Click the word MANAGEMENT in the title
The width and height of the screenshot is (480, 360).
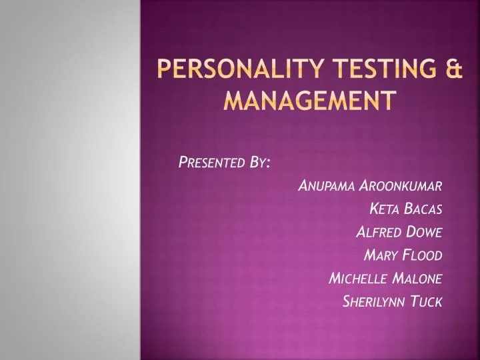coord(308,101)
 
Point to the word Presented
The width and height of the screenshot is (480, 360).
coord(209,163)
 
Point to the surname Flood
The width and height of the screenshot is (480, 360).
coord(423,255)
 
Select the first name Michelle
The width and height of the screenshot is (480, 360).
coord(357,278)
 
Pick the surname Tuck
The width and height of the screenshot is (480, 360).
coord(426,301)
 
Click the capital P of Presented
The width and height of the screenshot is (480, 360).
coord(183,163)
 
